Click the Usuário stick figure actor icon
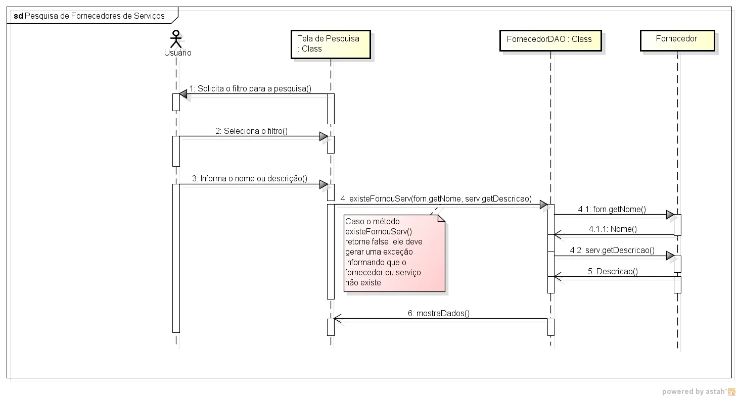[176, 38]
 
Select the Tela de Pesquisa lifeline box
[331, 44]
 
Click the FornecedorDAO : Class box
[550, 39]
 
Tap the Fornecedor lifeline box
[677, 39]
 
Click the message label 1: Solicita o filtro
[250, 89]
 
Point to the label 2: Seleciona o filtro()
[251, 131]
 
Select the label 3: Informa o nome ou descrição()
[250, 179]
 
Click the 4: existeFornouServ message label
[436, 199]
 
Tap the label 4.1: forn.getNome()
[612, 209]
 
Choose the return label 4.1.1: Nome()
[613, 229]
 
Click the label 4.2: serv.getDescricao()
[612, 251]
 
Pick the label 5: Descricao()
[613, 272]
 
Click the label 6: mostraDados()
[439, 314]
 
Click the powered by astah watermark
[698, 391]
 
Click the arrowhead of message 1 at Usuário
[183, 94]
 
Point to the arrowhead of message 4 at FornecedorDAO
[543, 205]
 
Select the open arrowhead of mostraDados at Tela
[337, 319]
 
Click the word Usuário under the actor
[176, 53]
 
